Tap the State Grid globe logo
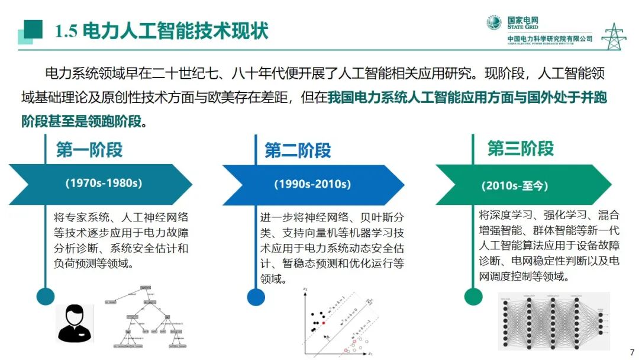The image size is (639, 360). [x=494, y=23]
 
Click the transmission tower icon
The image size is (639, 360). [x=614, y=36]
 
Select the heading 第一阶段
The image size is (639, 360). [x=89, y=150]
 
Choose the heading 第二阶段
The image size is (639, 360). [x=298, y=150]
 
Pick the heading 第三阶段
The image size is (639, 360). [x=521, y=148]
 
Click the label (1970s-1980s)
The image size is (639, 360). [x=104, y=184]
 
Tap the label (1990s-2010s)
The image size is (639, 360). [x=312, y=184]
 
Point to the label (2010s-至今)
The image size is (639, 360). [x=515, y=185]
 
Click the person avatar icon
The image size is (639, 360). [x=75, y=323]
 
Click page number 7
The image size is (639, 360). [x=631, y=352]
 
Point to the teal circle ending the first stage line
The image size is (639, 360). [x=46, y=296]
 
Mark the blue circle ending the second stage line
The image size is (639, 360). [x=256, y=297]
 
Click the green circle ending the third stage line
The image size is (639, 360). [x=473, y=296]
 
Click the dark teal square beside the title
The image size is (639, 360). [x=33, y=28]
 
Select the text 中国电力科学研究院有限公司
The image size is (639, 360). [x=550, y=39]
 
